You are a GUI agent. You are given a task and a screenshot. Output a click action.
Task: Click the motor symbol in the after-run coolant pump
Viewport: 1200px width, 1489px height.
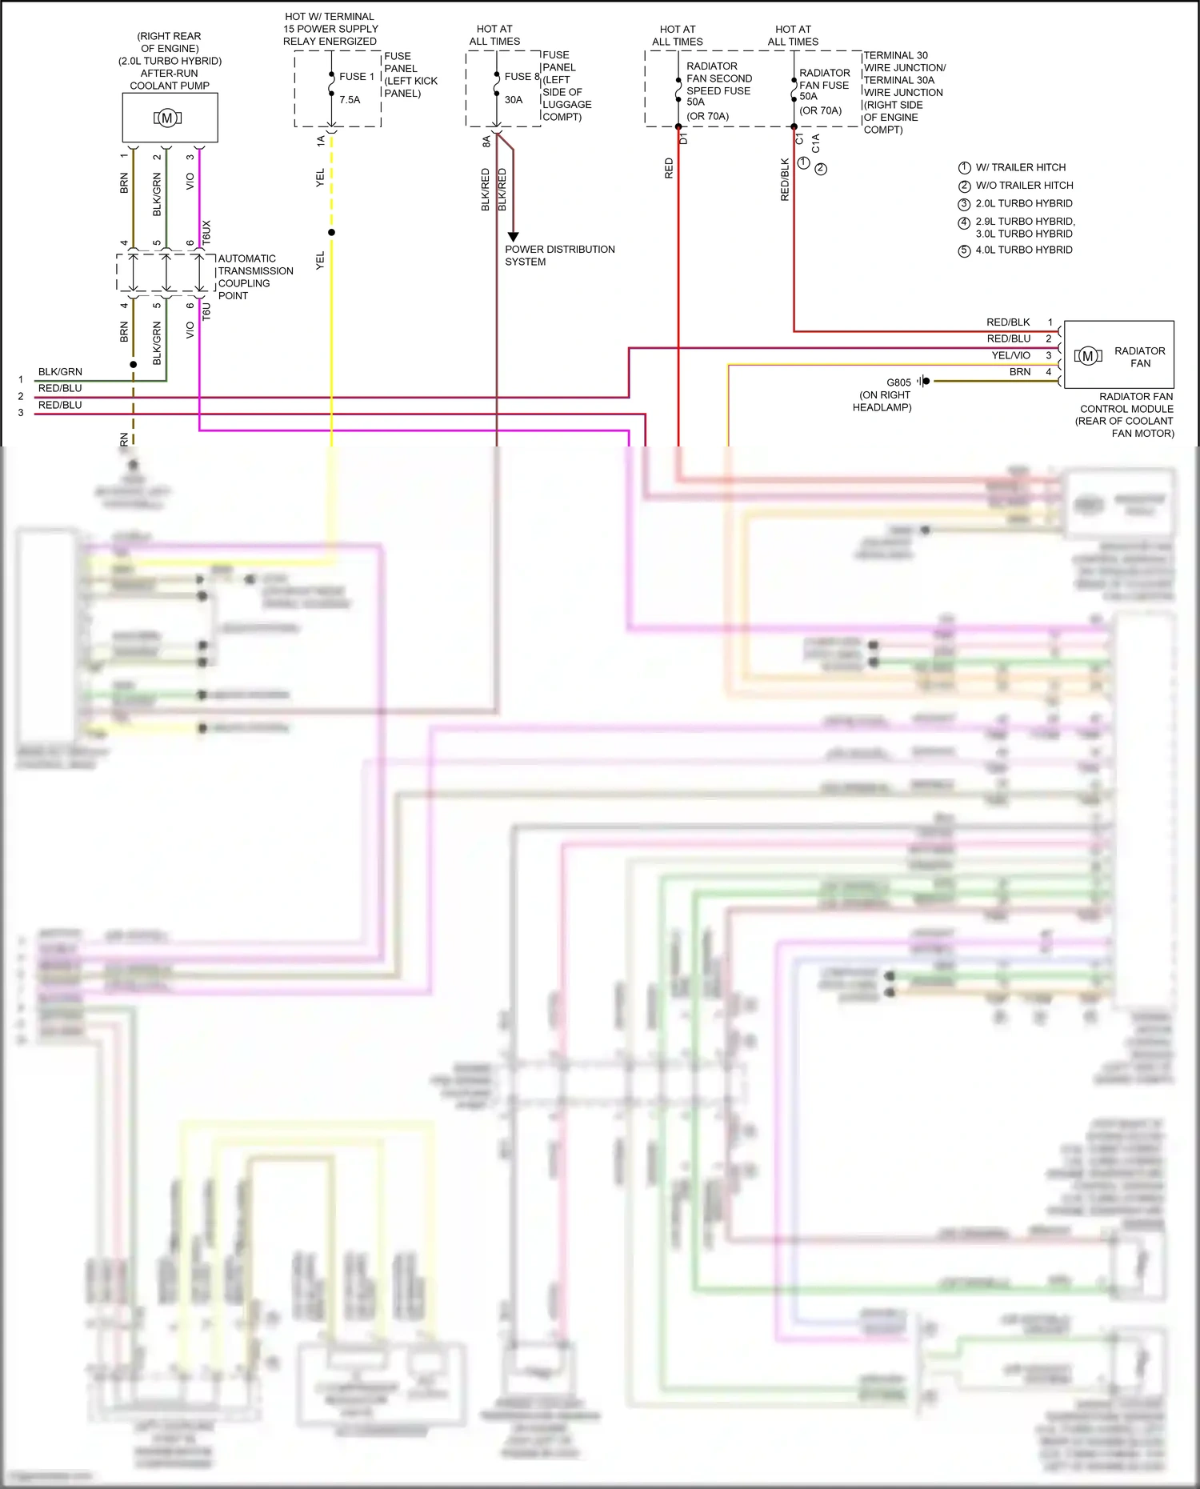(167, 118)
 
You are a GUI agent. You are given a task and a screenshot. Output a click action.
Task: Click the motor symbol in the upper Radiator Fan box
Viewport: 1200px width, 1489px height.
(1088, 356)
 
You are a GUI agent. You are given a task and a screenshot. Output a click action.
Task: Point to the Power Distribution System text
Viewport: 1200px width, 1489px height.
(559, 255)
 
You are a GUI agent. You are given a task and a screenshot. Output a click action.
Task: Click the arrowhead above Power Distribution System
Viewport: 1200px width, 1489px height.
(513, 237)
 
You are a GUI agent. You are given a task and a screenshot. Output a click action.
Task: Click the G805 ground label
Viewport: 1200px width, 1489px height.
(898, 382)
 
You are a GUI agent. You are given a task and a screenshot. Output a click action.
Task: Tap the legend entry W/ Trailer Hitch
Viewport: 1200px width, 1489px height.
(1020, 167)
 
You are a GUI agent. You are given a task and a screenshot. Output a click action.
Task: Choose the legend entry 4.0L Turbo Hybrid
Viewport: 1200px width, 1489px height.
(1023, 250)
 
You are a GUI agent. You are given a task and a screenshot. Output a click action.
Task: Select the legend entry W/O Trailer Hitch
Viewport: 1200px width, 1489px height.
(1023, 185)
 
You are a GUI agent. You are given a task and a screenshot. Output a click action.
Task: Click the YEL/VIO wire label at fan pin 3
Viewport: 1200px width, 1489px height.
(1010, 355)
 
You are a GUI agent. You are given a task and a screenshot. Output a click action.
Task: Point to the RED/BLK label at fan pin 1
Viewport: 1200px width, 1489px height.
(1008, 322)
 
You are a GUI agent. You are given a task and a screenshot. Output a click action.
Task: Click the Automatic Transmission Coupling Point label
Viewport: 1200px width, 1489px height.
(254, 277)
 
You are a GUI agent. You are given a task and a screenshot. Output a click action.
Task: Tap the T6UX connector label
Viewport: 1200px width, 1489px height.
(206, 232)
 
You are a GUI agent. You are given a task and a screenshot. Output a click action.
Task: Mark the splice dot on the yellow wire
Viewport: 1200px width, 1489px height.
(331, 233)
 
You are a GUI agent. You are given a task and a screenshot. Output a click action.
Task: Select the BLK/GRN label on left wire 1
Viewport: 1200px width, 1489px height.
(60, 372)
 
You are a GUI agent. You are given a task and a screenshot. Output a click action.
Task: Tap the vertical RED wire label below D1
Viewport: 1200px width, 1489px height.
(669, 168)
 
